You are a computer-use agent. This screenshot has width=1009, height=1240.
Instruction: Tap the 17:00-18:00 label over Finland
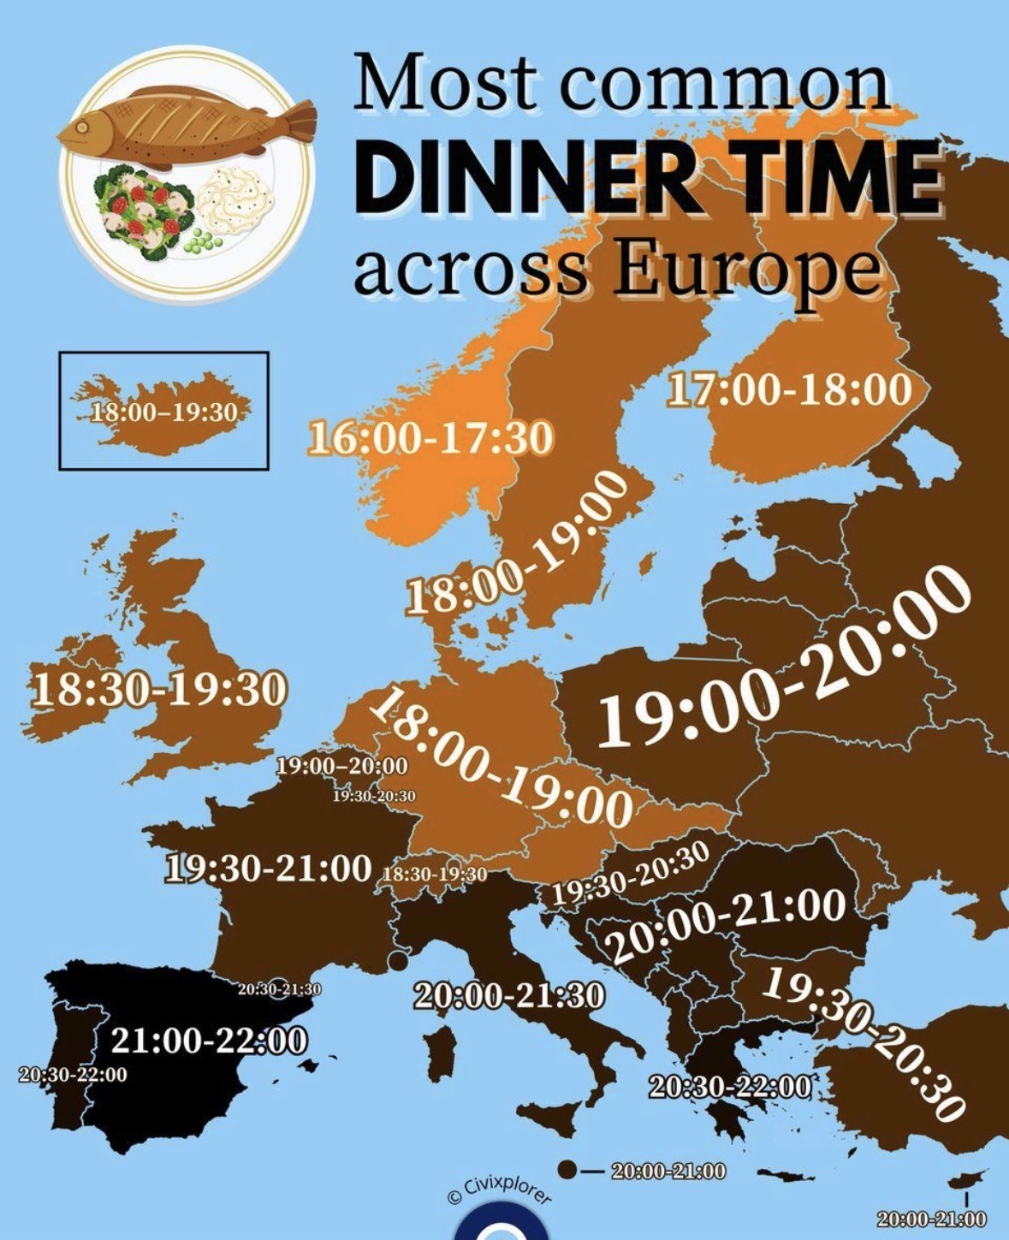[789, 390]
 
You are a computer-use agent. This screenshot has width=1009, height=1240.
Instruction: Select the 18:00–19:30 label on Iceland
[163, 412]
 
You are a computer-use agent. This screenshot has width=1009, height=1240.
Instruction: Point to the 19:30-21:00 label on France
[268, 869]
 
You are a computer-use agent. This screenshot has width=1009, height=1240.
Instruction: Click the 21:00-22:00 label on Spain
[209, 1041]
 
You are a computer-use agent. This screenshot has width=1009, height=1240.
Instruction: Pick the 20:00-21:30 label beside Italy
[509, 995]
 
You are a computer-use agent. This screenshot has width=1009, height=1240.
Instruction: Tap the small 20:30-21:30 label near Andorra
[279, 989]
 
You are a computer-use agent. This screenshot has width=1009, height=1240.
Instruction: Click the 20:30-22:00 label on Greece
[729, 1087]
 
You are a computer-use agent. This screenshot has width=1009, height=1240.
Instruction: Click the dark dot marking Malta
[566, 1169]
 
